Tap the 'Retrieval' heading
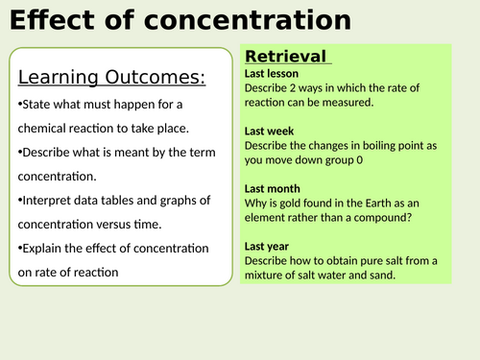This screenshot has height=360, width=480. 284,57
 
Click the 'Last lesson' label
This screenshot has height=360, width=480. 272,73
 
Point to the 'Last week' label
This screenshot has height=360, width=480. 270,131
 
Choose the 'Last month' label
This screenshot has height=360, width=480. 273,188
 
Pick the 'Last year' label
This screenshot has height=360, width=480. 269,246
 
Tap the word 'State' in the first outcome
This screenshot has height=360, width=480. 37,104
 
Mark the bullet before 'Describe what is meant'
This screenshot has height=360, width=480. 20,150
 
